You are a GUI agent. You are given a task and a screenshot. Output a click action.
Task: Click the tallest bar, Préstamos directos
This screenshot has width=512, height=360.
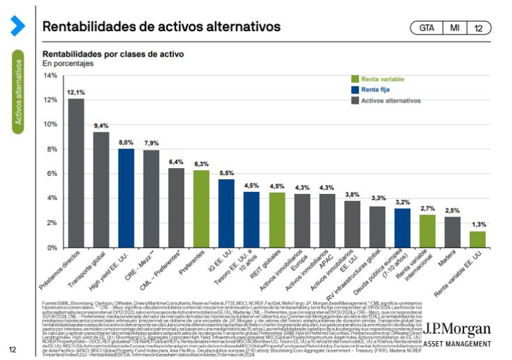pos(76,173)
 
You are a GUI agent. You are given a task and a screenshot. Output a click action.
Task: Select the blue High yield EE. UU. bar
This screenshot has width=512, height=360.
pos(125,198)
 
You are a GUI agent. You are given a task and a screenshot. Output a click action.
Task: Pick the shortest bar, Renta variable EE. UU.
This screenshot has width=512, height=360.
pos(477,240)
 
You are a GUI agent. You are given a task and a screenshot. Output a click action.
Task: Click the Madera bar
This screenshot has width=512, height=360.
pos(452,232)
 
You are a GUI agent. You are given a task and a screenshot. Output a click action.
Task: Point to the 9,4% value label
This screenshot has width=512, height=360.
pos(101,125)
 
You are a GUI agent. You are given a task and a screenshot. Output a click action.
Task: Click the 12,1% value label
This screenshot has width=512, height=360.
pos(76,92)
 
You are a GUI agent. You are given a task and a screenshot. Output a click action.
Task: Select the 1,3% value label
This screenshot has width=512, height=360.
pos(478,224)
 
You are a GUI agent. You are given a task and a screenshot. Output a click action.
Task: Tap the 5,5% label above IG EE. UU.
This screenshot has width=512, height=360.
pos(227,172)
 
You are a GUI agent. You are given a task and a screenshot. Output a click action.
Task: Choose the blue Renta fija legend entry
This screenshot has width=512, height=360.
pos(378,89)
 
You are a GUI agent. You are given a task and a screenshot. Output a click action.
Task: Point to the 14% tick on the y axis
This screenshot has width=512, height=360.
pos(50,75)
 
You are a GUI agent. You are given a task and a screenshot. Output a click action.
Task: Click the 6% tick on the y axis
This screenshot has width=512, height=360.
pos(52,174)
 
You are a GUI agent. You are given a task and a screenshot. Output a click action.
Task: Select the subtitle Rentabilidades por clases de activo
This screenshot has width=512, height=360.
pos(113,53)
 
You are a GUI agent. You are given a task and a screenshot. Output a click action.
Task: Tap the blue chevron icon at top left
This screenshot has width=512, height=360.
pos(17,26)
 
